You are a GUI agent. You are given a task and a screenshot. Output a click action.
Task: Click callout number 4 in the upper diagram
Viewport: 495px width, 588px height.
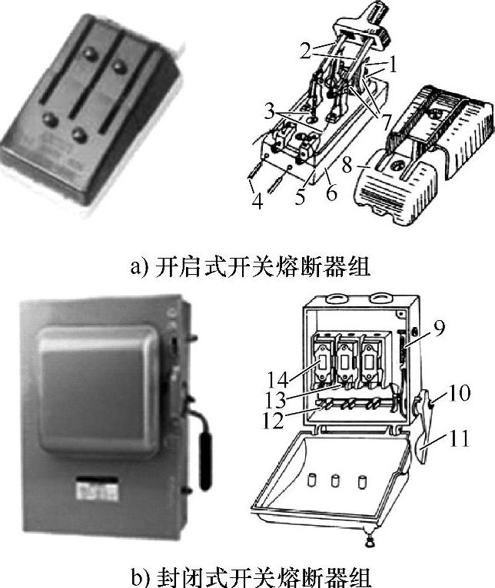point(257,201)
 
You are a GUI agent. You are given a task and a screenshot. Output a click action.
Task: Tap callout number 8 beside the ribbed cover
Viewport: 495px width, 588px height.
point(347,164)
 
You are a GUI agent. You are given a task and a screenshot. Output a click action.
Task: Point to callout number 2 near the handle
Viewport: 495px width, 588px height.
point(305,51)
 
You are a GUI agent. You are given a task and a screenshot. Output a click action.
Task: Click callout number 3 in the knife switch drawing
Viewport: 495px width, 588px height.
point(269,111)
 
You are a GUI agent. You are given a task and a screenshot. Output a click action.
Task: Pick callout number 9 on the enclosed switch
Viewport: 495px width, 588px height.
point(439,327)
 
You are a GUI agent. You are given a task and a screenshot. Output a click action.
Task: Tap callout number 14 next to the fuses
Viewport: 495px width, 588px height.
point(277,379)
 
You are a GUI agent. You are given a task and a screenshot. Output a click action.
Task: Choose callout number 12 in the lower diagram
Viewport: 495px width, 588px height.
point(273,421)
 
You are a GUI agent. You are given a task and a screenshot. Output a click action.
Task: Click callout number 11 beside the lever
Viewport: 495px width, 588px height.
point(459,439)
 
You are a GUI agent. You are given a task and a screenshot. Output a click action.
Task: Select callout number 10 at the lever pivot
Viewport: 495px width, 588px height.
point(459,393)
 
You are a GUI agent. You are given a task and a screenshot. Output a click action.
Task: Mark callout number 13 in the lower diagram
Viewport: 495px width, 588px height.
point(275,400)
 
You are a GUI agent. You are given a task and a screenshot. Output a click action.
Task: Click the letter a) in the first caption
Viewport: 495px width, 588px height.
point(140,267)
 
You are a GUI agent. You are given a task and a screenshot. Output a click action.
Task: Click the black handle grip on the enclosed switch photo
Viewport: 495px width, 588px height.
point(205,461)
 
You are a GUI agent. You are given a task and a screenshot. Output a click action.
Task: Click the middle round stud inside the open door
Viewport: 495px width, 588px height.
point(335,481)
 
